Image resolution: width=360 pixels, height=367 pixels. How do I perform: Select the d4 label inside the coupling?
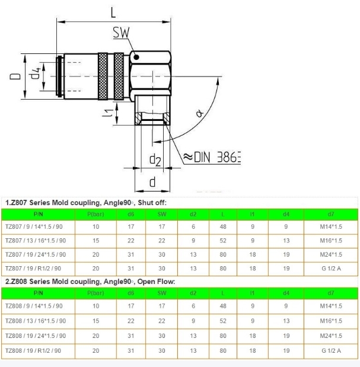(36, 75)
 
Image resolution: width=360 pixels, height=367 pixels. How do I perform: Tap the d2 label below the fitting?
(155, 158)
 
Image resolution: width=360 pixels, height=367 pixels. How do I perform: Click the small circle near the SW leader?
(136, 57)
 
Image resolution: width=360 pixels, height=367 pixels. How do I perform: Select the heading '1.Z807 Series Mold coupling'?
(85, 203)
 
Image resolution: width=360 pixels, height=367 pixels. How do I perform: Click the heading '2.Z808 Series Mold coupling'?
(90, 281)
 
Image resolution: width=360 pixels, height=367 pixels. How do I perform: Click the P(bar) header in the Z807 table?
(96, 213)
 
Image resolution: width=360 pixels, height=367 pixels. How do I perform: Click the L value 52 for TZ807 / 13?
(223, 241)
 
